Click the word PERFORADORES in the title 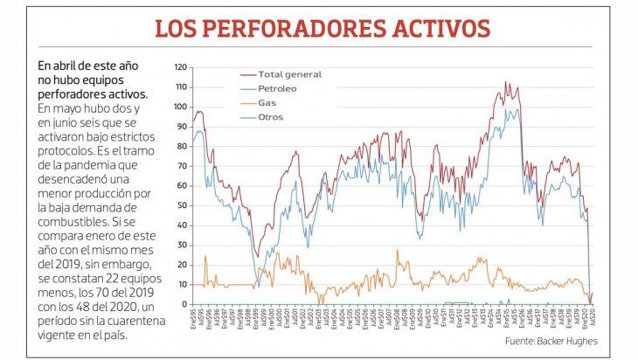(x=297, y=27)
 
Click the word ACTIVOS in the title (x=434, y=27)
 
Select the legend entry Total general (x=291, y=74)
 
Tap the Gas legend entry (x=268, y=102)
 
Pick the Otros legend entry (x=271, y=116)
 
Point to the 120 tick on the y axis (x=181, y=66)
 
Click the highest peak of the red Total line (x=506, y=82)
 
